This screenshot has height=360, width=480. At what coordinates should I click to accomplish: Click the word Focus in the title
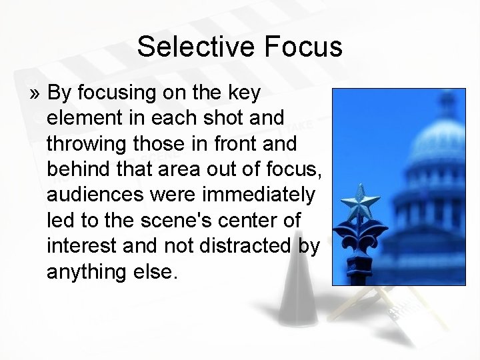(303, 47)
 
